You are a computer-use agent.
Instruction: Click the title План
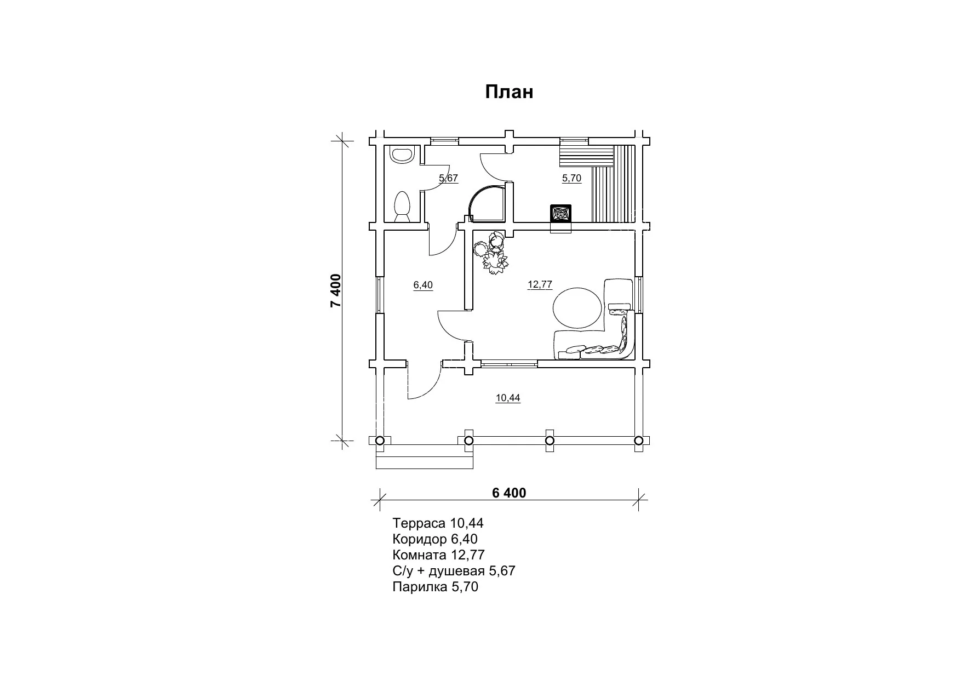coord(509,92)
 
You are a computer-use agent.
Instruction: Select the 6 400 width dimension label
coord(509,493)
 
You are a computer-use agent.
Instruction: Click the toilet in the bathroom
coord(402,207)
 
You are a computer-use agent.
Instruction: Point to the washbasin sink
coord(402,155)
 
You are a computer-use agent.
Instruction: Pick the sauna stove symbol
coord(560,213)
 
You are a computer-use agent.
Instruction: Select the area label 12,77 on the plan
coord(540,284)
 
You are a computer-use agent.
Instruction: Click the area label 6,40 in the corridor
coord(423,285)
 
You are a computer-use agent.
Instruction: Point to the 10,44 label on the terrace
coord(508,398)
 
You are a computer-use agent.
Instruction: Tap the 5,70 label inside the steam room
coord(571,178)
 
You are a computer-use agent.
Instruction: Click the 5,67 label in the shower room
coord(448,178)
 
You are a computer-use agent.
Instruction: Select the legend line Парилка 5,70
coord(436,587)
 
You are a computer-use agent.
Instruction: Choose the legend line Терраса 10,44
coord(438,523)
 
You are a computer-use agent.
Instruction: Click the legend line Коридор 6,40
coord(435,539)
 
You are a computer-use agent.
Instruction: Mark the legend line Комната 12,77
coord(439,555)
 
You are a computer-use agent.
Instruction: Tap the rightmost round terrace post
coord(638,440)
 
